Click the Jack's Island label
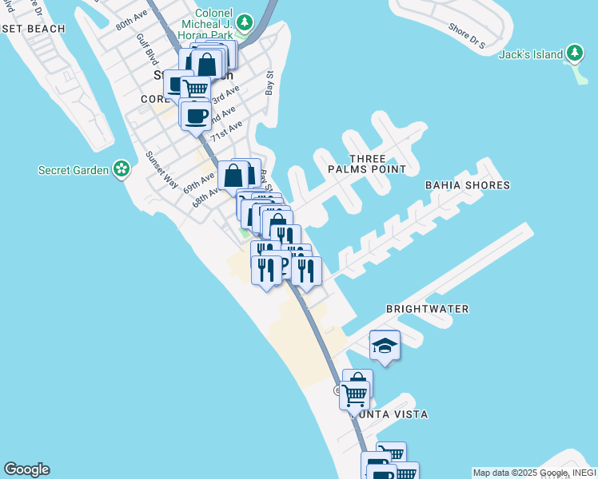pos(531,54)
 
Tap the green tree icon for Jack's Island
pos(574,53)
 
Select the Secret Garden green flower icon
pos(121,168)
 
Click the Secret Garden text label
pos(74,169)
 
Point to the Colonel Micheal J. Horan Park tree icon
pos(245,21)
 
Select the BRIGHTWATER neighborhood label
pos(427,308)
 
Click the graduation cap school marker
pos(385,346)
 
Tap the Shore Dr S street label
pos(467,36)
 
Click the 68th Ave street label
pos(205,196)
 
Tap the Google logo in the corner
pos(26,469)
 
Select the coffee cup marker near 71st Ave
pos(196,117)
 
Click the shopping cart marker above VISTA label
pos(354,393)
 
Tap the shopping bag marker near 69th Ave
pos(233,174)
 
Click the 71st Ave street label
pos(226,130)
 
